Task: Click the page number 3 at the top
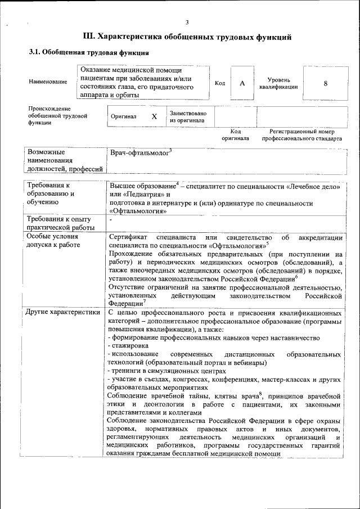[x=187, y=22]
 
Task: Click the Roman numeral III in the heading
[x=89, y=37]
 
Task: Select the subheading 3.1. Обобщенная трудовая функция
[x=88, y=53]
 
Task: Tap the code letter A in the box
[x=242, y=83]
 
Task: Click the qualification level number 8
[x=325, y=83]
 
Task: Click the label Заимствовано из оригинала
[x=188, y=116]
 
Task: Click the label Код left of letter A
[x=220, y=83]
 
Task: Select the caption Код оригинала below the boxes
[x=235, y=134]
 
